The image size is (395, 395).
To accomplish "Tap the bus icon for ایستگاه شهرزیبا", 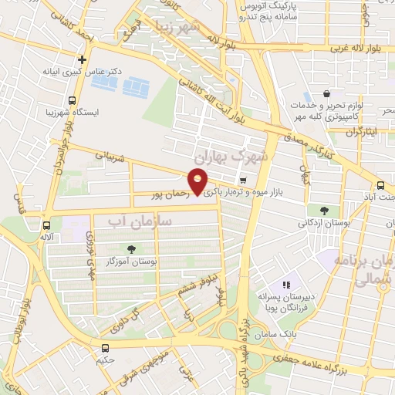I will [72, 100].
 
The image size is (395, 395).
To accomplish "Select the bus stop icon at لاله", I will [47, 226].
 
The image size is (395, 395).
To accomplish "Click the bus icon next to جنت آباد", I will [380, 185].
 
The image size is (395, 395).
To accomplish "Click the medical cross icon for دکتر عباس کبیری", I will [82, 59].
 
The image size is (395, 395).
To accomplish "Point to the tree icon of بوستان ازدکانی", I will [322, 211].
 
